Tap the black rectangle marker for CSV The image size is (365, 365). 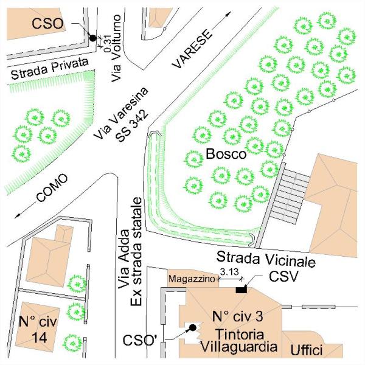click(242, 288)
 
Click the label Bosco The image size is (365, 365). click(226, 153)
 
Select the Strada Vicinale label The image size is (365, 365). click(266, 259)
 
